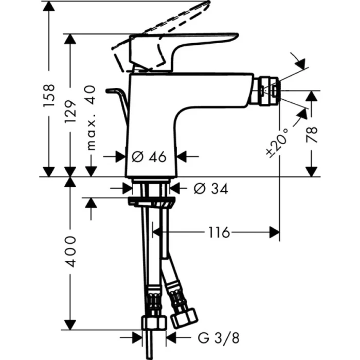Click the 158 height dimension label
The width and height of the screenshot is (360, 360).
point(49,96)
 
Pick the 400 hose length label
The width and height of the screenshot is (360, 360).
point(70,251)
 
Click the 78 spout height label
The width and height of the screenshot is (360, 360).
point(312,135)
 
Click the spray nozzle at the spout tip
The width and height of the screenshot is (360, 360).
point(268,91)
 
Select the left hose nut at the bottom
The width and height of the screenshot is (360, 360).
point(154,323)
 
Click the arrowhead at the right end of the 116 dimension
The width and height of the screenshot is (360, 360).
point(276,233)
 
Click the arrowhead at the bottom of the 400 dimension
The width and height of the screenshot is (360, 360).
point(70,325)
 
